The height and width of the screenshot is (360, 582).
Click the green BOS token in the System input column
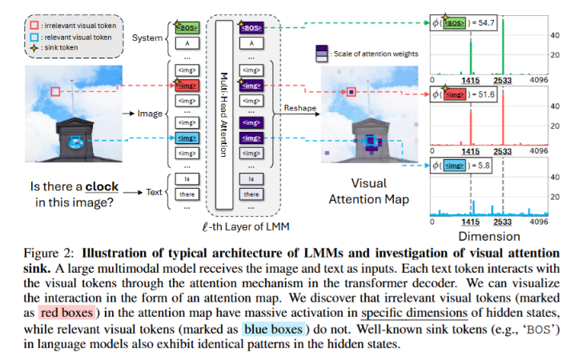[187, 28]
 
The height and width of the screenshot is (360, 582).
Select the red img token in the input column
[187, 86]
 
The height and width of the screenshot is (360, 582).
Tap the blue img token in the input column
[187, 138]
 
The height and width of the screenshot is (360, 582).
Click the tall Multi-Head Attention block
[224, 114]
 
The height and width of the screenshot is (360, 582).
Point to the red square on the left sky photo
[55, 91]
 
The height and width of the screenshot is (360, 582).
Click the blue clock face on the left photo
[76, 142]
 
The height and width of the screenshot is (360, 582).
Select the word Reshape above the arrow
[300, 108]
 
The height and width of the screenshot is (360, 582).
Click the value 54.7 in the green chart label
[486, 23]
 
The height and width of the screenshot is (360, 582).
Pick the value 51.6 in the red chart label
[486, 94]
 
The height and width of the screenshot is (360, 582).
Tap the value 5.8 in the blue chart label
[484, 166]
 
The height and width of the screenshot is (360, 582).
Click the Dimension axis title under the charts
[489, 237]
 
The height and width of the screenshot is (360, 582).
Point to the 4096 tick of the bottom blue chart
[539, 222]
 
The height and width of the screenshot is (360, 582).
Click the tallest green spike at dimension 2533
[504, 47]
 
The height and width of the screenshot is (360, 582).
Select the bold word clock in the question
[102, 186]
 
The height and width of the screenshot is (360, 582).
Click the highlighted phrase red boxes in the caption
[66, 313]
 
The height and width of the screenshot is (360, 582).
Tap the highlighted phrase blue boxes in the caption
[273, 329]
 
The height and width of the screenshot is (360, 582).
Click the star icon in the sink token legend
[34, 48]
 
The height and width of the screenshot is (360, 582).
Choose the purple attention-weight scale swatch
[322, 54]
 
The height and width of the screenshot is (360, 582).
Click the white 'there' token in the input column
[187, 194]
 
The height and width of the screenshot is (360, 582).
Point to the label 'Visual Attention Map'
[369, 191]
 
